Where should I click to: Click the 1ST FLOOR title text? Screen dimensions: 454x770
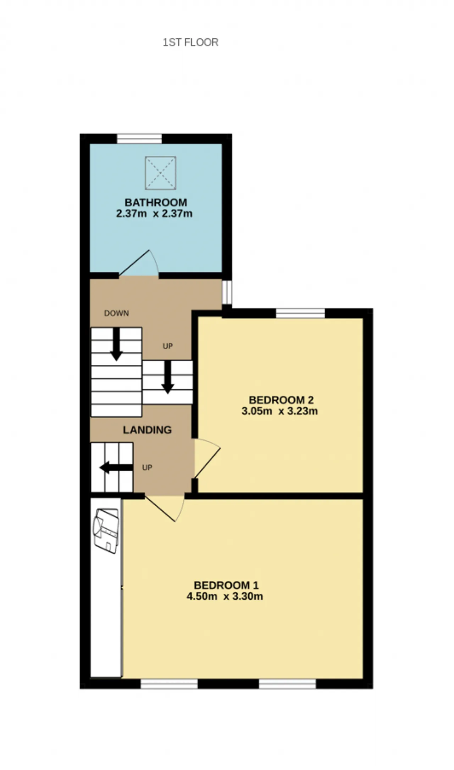pos(190,42)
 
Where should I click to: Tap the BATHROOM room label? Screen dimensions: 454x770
pos(156,203)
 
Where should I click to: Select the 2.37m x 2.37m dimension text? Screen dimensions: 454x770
pos(154,214)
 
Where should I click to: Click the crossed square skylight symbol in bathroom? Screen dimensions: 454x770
pos(160,173)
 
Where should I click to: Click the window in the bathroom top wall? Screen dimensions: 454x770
pos(139,138)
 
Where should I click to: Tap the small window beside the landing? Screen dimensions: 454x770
pos(227,292)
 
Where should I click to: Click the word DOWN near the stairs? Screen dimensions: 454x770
pos(116,313)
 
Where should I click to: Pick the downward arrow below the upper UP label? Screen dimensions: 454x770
pos(168,377)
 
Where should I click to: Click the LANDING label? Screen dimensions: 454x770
pos(147,430)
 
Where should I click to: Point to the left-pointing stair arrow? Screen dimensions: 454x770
pos(116,468)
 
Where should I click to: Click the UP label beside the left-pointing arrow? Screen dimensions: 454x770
pos(147,468)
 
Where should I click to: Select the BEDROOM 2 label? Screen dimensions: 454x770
pos(281,400)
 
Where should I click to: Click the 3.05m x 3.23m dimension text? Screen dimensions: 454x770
pos(279,411)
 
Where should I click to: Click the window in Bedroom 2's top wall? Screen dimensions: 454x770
pos(300,313)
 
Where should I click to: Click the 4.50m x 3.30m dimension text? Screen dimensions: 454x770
pos(225,596)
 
